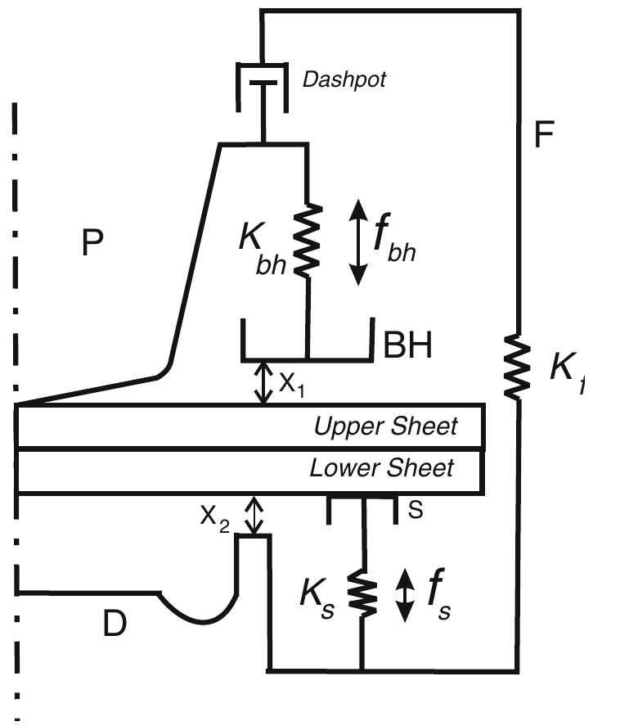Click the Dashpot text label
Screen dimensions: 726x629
point(344,79)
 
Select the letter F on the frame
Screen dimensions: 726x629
point(544,134)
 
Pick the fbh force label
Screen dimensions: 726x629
point(393,241)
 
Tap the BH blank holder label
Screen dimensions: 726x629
point(408,346)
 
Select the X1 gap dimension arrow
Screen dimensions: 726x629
point(263,382)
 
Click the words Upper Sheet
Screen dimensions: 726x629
point(386,426)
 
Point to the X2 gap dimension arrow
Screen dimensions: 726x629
point(256,515)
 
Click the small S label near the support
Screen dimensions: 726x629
point(416,510)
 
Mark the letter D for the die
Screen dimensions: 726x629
point(115,624)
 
